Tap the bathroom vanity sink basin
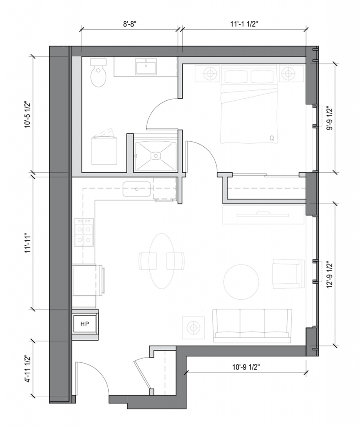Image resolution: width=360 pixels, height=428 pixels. click(146, 66)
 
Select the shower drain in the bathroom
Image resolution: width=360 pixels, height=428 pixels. click(156, 156)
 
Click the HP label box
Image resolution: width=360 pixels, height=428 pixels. click(85, 324)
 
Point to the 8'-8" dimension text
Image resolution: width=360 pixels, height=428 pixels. click(130, 24)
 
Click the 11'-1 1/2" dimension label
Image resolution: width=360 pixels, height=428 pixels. click(244, 24)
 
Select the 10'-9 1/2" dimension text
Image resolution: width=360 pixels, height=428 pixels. click(246, 367)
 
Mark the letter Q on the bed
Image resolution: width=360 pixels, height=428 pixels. click(272, 138)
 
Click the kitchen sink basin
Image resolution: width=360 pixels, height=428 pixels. click(137, 189)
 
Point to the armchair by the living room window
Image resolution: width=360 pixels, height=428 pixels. click(289, 274)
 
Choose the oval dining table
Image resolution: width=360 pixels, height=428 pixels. click(162, 261)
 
